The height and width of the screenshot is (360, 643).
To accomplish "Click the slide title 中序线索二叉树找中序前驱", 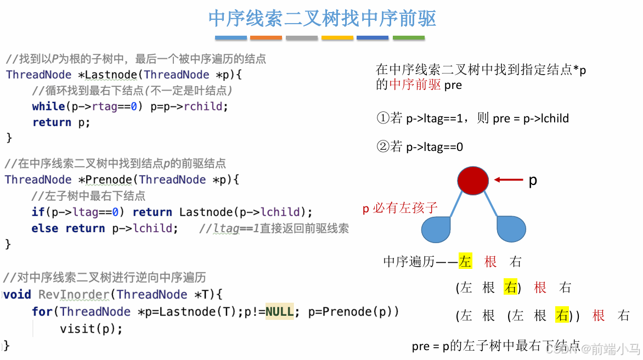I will click(x=322, y=19).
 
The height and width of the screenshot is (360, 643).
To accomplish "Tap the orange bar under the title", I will click(x=266, y=38).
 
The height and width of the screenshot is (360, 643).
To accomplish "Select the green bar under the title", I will click(x=408, y=38).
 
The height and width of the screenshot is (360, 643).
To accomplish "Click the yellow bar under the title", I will click(x=337, y=38).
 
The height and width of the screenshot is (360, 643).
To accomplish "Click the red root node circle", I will click(x=473, y=181).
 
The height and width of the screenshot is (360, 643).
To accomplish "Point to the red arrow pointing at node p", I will click(x=508, y=179).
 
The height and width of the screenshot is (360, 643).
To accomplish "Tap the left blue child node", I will click(x=436, y=230).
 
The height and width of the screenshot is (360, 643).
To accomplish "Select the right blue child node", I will click(x=511, y=229).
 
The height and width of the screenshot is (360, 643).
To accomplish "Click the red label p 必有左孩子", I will click(x=400, y=208).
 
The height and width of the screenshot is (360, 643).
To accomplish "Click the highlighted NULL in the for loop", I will click(x=280, y=312).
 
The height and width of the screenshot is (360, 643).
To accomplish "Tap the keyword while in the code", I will click(x=48, y=106).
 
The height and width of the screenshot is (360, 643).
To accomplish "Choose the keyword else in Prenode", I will click(x=44, y=228).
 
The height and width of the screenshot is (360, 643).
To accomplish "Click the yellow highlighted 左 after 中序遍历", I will click(x=465, y=262).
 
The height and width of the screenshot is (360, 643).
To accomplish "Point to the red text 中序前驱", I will click(x=415, y=85).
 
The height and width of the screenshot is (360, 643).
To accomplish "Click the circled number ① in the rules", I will click(x=382, y=118).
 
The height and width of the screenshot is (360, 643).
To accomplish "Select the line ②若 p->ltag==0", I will click(x=420, y=147).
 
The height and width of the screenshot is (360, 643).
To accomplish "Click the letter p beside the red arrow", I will click(x=532, y=180).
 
